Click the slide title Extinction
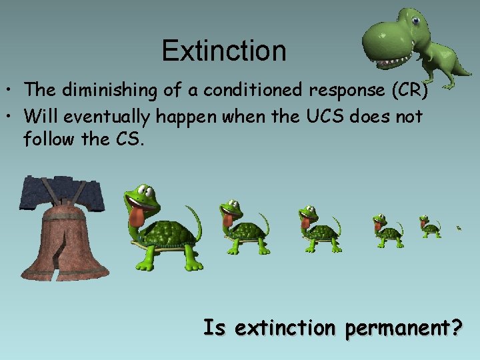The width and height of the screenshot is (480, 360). [x=223, y=51]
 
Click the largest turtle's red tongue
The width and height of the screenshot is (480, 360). [x=137, y=217]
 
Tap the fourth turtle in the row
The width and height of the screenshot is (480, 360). [x=387, y=231]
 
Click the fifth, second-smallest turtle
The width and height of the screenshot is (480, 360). [x=429, y=227]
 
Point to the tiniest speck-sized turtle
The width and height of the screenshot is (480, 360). [x=459, y=228]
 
